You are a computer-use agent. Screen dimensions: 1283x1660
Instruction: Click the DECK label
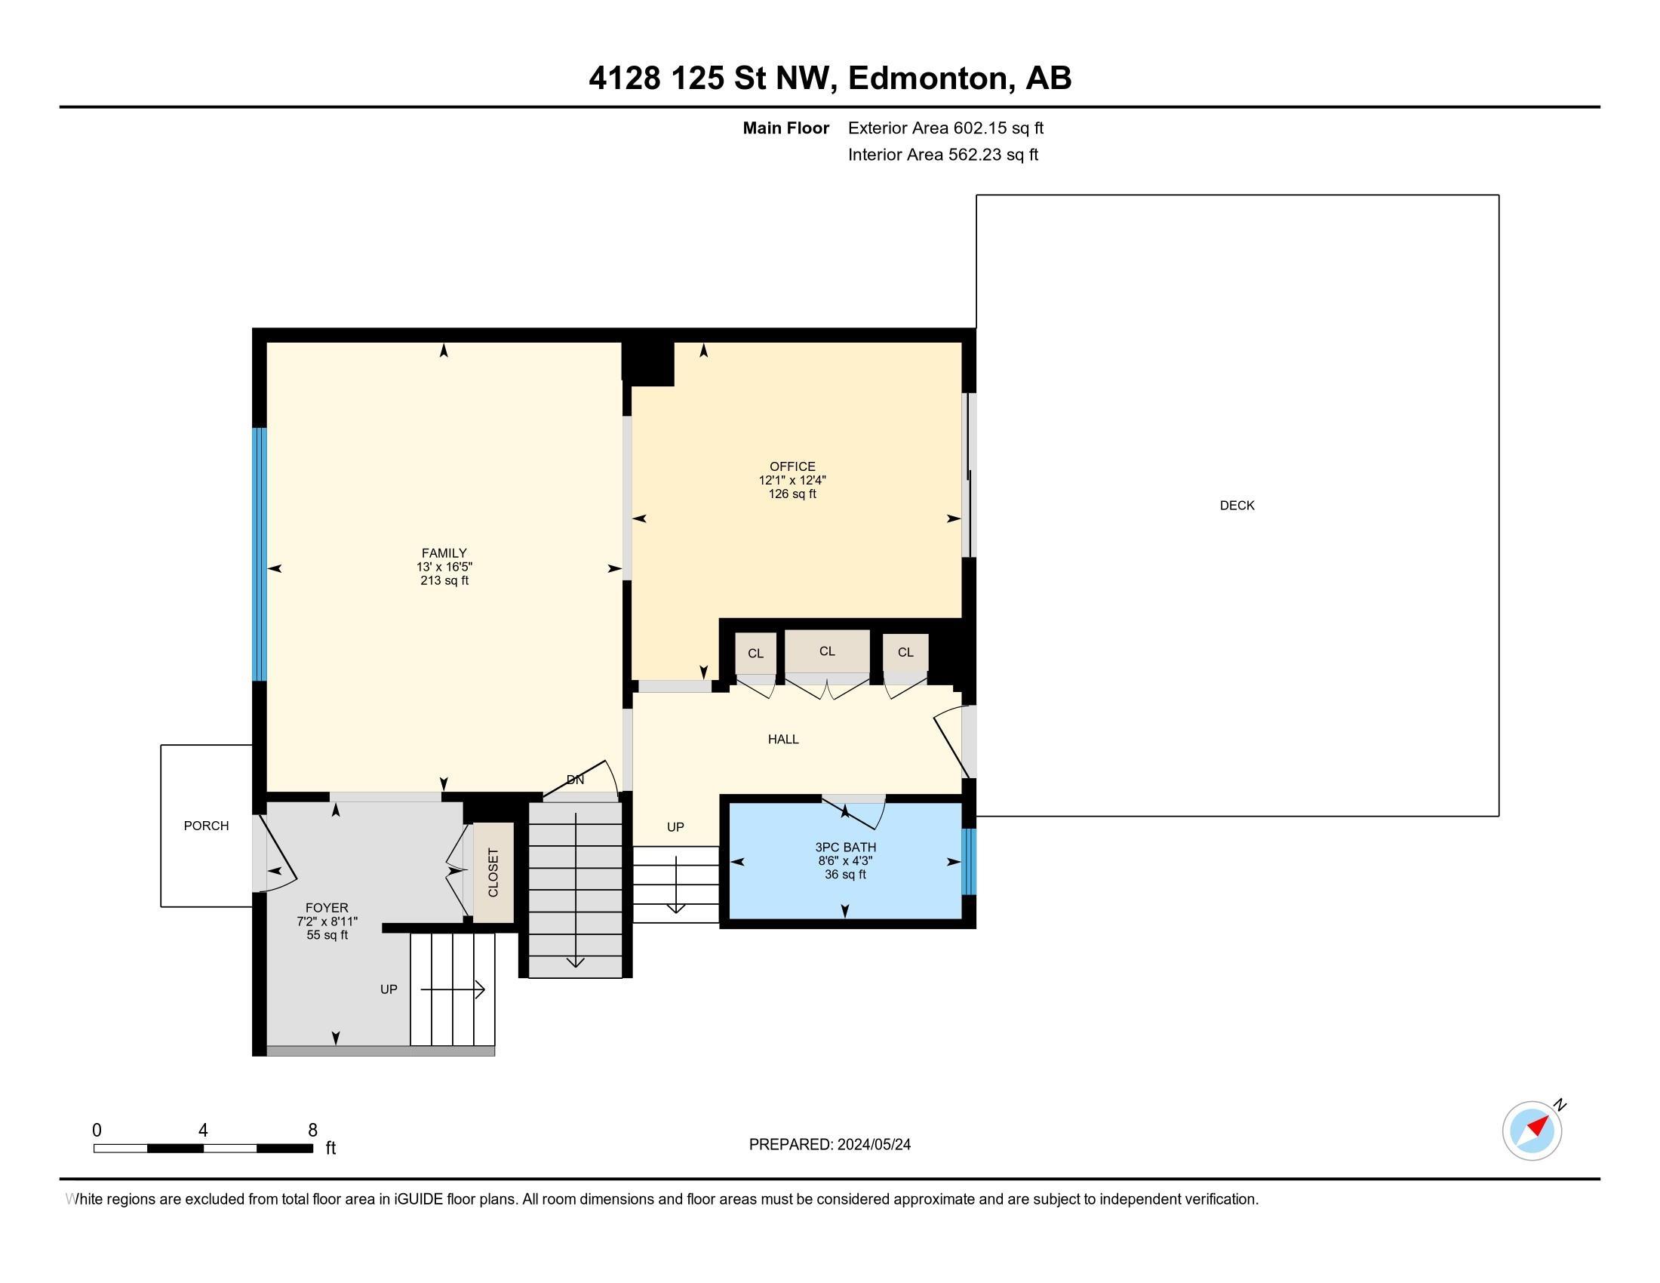(1237, 506)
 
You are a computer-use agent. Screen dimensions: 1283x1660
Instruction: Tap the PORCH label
(206, 826)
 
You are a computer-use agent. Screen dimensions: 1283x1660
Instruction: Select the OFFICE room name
(792, 466)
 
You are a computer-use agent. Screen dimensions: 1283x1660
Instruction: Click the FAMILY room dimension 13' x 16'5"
(444, 567)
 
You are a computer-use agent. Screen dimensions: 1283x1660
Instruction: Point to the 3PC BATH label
(845, 848)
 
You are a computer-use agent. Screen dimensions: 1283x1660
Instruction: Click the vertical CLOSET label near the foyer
(493, 872)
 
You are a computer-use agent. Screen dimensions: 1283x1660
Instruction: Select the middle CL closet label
(827, 651)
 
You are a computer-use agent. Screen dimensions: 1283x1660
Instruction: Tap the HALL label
(783, 739)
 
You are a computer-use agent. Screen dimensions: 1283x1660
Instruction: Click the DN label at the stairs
(576, 780)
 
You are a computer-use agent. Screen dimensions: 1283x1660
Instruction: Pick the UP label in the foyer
(389, 989)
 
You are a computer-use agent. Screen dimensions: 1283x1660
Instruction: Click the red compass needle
(1538, 1126)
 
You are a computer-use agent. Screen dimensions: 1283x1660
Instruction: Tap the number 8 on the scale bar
(312, 1131)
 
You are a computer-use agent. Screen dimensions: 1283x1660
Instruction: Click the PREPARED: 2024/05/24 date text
(829, 1145)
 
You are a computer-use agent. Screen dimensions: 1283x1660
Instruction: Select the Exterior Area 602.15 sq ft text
(945, 128)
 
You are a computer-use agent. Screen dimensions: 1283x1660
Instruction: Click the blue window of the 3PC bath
(968, 862)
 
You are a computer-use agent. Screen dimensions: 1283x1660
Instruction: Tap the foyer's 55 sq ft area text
(327, 935)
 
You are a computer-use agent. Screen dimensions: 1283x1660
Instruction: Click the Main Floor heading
(785, 128)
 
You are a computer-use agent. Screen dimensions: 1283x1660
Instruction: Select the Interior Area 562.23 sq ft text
(942, 155)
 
